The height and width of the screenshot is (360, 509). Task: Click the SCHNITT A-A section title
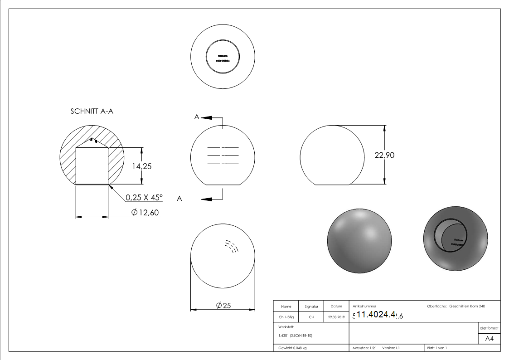point(92,112)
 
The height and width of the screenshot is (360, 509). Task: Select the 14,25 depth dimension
point(142,166)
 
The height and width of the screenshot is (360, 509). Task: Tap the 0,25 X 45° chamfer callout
point(144,198)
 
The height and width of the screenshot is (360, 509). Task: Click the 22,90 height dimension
point(384,155)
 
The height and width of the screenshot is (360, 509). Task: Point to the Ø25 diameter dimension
point(224,306)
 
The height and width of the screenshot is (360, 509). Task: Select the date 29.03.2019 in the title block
point(336,317)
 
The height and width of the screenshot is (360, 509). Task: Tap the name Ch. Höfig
point(286,317)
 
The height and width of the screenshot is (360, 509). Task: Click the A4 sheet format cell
point(489,339)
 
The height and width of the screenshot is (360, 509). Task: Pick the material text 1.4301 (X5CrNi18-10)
point(295,336)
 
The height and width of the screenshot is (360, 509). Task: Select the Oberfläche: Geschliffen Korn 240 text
point(456,306)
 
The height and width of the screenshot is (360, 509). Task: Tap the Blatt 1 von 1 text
point(436,348)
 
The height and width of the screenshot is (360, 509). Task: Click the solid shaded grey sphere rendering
point(359,241)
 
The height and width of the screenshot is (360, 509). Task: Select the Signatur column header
point(311,306)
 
